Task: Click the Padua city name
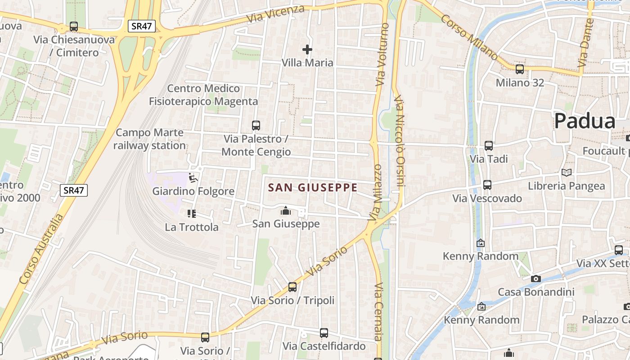coord(585,121)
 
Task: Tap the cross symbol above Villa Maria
coord(307,49)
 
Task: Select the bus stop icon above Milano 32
coord(520,69)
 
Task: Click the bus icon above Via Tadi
coord(489,146)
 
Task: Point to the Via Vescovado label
coord(487,198)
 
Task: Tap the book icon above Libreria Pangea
coord(567,173)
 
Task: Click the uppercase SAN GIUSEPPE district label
coord(313,188)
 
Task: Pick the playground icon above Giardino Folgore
coord(193,178)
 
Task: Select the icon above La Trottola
coord(192,214)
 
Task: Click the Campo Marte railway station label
coord(149,139)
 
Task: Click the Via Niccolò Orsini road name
coord(400,141)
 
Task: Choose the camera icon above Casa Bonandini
coord(535,279)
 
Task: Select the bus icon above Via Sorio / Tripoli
coord(292,287)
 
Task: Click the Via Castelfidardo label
coord(324,346)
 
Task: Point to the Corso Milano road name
coord(468,36)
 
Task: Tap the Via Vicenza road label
coord(275,14)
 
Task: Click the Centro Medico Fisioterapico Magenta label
coord(203,95)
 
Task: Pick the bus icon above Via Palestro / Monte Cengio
coord(256,126)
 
